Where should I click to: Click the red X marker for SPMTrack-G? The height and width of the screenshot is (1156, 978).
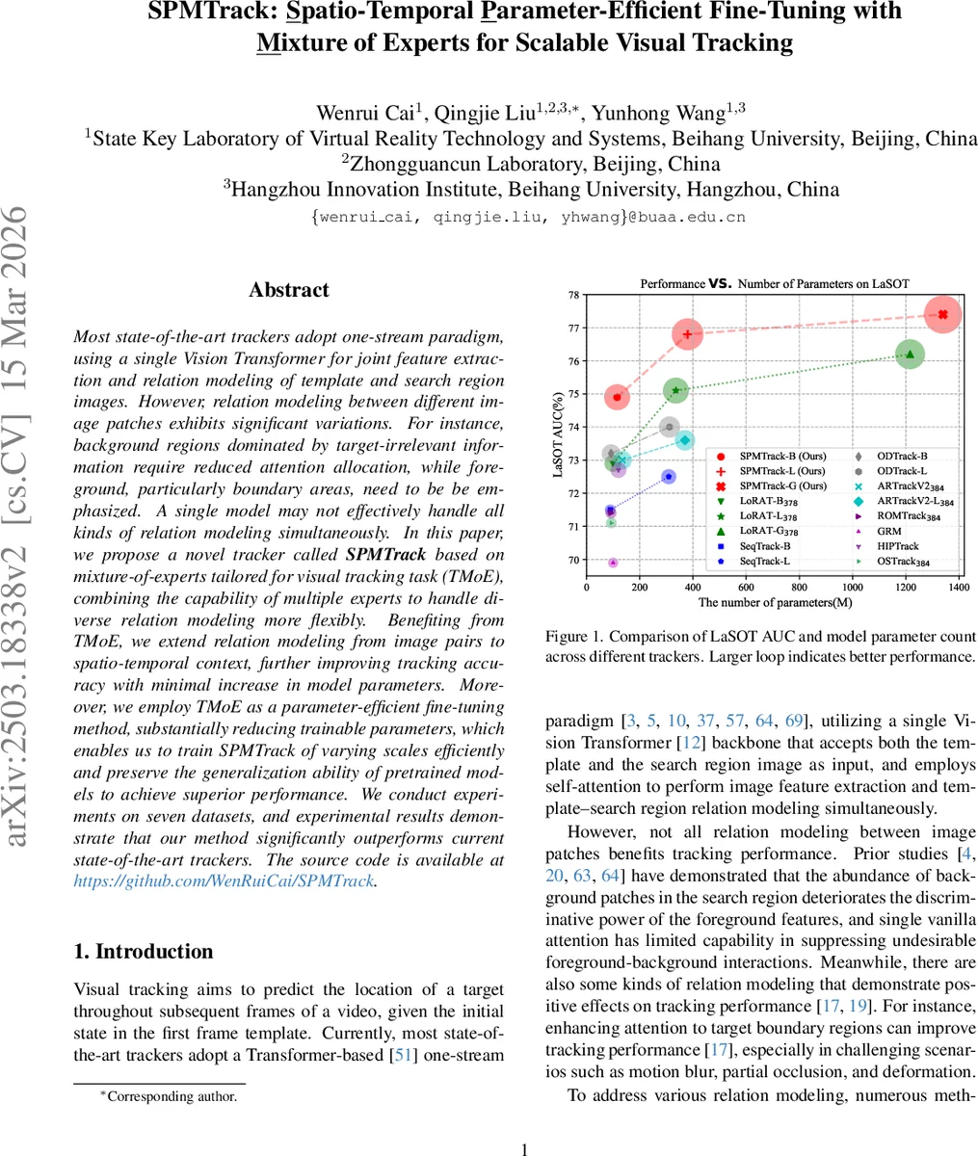942,314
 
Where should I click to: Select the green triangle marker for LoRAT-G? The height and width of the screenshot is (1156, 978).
910,355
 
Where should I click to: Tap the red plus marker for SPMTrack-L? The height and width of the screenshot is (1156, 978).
688,334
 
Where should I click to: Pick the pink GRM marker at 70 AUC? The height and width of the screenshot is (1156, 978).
613,563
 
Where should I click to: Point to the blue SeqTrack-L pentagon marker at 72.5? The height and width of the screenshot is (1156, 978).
669,477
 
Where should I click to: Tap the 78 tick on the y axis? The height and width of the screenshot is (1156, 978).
573,296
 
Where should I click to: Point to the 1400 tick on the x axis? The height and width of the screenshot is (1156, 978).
957,587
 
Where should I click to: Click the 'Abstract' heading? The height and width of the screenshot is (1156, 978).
288,290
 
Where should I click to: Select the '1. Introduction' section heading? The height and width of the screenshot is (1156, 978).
143,951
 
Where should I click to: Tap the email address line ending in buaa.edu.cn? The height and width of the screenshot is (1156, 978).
528,217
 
